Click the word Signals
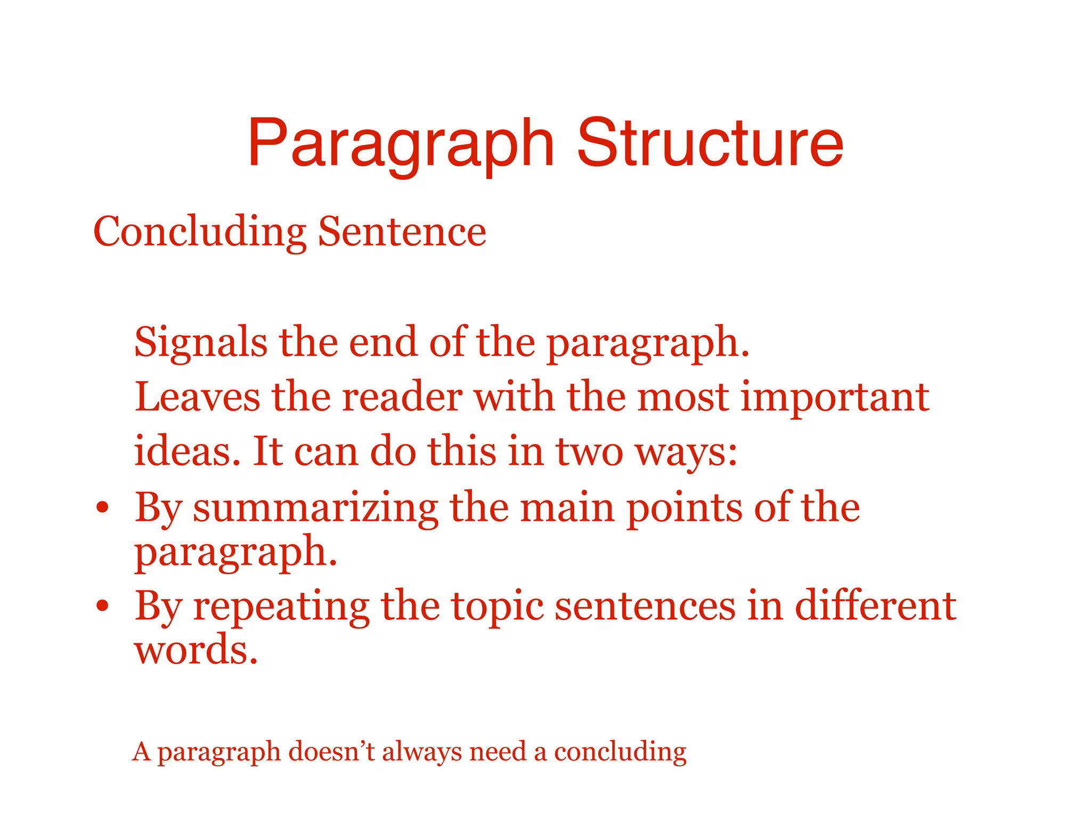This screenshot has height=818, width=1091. pyautogui.click(x=201, y=342)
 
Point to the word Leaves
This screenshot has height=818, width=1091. pyautogui.click(x=197, y=397)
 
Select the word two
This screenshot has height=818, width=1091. pyautogui.click(x=589, y=452)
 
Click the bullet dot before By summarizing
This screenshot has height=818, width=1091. pyautogui.click(x=103, y=507)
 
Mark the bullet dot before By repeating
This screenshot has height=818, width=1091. pyautogui.click(x=103, y=606)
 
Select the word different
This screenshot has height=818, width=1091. pyautogui.click(x=875, y=606)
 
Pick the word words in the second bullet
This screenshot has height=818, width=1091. pyautogui.click(x=196, y=650)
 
